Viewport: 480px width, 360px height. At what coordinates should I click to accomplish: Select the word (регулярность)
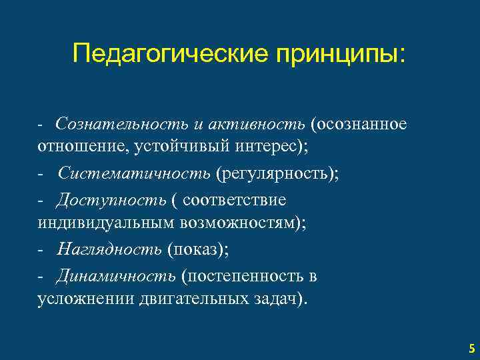coord(276,174)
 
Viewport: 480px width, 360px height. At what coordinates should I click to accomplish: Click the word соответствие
coord(234,200)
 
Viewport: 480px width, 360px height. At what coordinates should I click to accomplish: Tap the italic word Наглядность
coord(110,249)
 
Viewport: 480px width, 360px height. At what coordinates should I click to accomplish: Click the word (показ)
coord(197,249)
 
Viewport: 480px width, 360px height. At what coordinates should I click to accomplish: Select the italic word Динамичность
coord(116,275)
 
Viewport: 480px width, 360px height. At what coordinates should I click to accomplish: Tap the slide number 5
coord(471,348)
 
